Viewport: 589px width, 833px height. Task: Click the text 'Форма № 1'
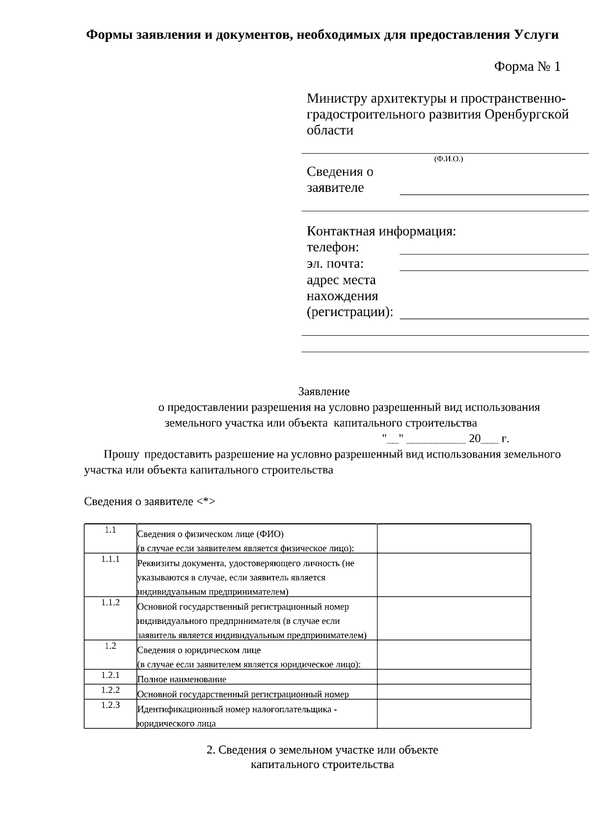527,67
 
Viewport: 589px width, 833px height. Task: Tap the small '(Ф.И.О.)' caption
448,159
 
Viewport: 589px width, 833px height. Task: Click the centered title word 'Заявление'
324,391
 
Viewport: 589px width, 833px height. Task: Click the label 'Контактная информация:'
381,231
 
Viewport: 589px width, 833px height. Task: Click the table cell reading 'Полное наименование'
182,679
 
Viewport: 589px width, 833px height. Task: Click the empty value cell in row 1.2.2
454,692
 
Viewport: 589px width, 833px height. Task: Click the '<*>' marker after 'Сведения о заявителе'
206,502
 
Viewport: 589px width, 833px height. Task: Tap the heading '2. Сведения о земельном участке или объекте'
322,750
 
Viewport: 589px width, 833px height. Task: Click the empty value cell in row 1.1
454,538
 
